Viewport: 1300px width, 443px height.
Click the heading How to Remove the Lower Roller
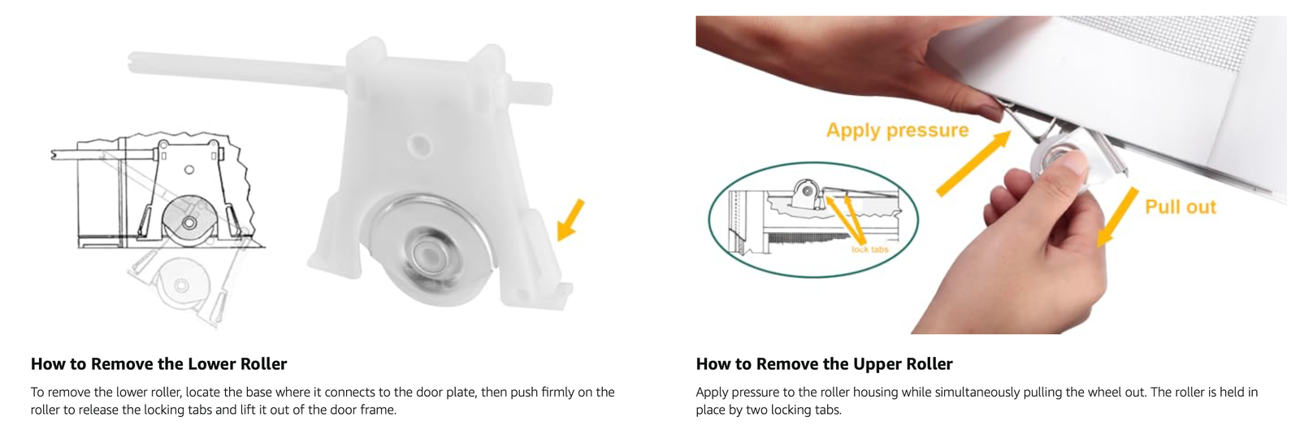click(158, 364)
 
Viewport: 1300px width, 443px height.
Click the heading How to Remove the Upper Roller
click(824, 364)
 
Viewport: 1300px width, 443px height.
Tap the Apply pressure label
click(897, 130)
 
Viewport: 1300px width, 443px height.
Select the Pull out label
click(1181, 207)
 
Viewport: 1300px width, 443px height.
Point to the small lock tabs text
click(870, 250)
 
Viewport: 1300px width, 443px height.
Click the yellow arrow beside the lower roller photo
click(570, 220)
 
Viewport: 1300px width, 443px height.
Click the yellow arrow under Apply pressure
click(973, 163)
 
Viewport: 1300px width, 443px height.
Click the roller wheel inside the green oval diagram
click(806, 190)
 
